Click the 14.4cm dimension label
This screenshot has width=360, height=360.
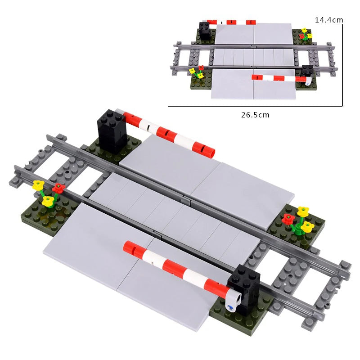click(329, 20)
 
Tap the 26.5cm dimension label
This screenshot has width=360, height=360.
click(255, 115)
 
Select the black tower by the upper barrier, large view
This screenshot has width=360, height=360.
click(112, 130)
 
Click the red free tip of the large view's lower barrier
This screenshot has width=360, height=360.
click(130, 246)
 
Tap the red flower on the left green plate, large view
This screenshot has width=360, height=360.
click(58, 188)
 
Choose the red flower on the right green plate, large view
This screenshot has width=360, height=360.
click(288, 219)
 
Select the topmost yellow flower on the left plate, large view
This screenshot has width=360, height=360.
click(39, 185)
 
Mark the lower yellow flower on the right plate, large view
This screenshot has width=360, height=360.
click(307, 226)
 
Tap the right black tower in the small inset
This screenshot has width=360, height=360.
click(307, 71)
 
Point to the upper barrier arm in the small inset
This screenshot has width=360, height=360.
click(231, 22)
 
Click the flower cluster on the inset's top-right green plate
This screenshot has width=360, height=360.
click(305, 34)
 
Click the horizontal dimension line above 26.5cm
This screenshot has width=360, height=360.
click(255, 106)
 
